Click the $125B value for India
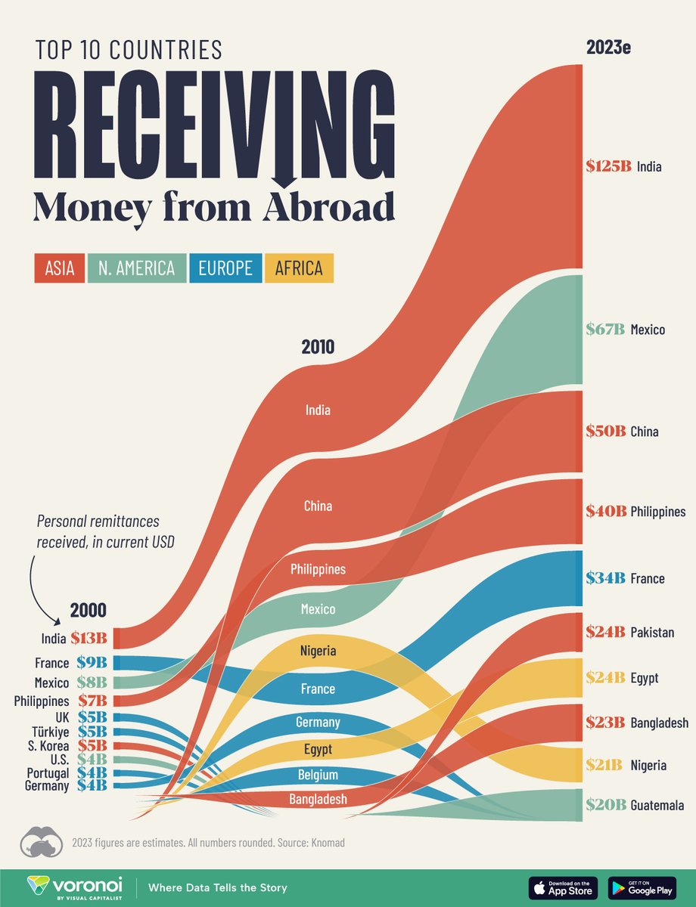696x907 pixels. (608, 166)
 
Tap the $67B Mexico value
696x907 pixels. (605, 330)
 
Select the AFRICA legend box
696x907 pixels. (299, 268)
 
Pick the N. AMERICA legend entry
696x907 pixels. (137, 268)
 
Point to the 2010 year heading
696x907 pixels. (318, 348)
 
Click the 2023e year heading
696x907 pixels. (608, 48)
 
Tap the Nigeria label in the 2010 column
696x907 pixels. (318, 650)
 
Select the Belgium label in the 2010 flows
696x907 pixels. (318, 775)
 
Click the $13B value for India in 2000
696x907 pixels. (89, 639)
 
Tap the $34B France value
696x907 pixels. (605, 578)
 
